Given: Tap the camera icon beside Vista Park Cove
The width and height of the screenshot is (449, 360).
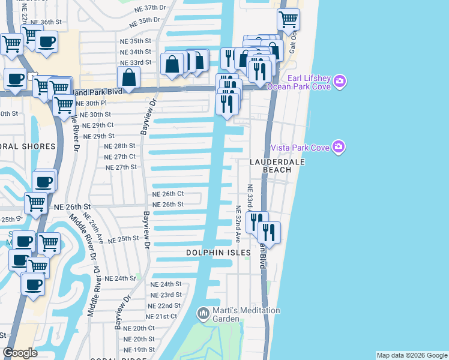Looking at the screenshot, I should [x=339, y=147].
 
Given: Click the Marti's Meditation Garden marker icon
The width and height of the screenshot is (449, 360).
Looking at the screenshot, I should [x=203, y=313].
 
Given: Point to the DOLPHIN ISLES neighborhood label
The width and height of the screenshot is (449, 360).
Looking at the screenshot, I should [x=217, y=253].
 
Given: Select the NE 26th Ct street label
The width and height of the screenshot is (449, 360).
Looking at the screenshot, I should [x=167, y=194].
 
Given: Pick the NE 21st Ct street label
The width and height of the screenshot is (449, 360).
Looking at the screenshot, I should [x=162, y=316].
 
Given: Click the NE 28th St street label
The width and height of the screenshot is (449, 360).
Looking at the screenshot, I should [x=119, y=146].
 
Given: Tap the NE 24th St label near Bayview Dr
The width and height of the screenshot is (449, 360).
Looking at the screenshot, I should [x=166, y=284].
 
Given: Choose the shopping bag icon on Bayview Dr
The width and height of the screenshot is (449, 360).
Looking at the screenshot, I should [x=129, y=77].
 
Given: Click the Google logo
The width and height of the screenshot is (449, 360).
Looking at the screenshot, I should [x=20, y=353].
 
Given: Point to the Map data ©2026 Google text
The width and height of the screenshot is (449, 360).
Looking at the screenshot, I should [x=412, y=355].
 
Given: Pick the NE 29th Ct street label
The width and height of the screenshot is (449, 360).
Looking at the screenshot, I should [x=98, y=125].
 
